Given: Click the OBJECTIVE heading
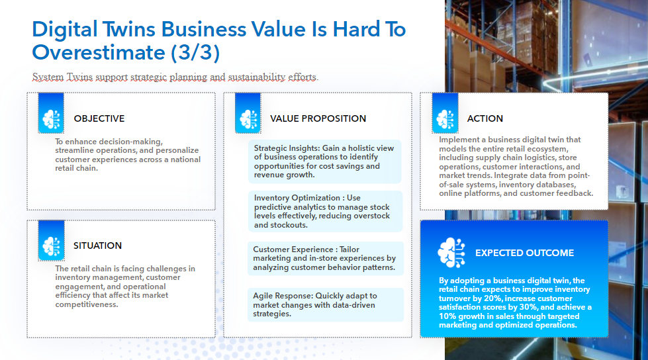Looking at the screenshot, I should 99,118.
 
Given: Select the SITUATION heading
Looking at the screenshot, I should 97,246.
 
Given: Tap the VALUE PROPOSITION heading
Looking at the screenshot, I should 318,118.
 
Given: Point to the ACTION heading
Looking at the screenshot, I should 485,118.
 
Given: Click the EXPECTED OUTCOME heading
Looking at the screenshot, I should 524,253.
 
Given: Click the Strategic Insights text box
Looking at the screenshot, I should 325,161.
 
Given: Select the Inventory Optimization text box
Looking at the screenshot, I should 325,211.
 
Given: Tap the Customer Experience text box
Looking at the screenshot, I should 325,259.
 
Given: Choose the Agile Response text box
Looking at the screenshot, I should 325,304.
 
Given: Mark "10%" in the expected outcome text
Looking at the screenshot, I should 450,316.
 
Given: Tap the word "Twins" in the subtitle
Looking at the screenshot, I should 79,77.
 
